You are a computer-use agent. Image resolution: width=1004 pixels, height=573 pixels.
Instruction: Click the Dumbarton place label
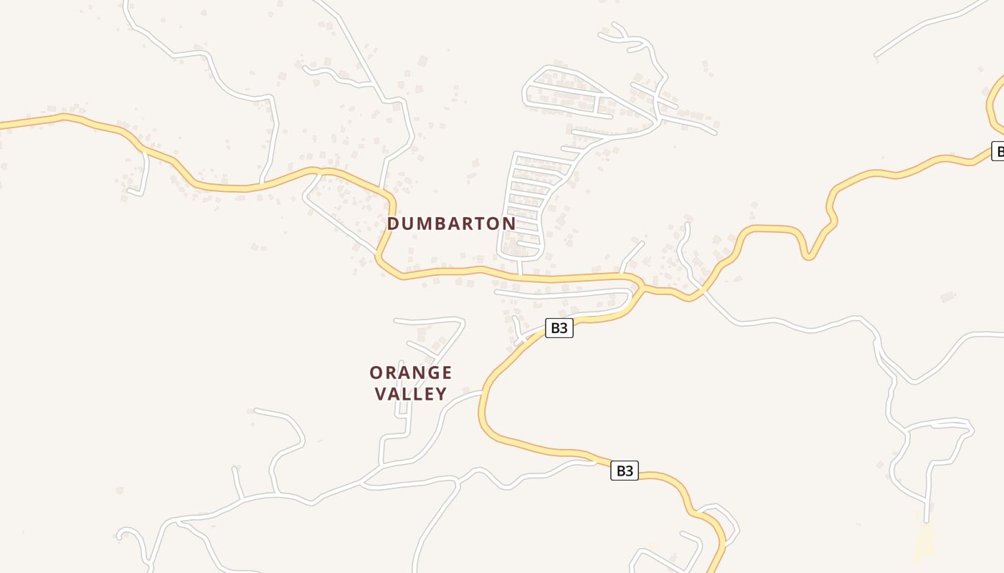[451, 223]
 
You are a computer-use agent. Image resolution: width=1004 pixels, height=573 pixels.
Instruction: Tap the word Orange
[410, 372]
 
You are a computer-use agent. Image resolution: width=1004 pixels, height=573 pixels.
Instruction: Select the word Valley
[411, 393]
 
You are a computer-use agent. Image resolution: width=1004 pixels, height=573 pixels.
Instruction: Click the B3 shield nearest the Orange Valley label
[559, 328]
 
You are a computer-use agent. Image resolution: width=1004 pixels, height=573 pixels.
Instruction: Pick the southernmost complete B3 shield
[624, 471]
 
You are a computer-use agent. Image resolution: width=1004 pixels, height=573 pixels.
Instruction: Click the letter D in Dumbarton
[394, 223]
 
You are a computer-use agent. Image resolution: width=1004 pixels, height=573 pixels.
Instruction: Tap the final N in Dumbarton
[509, 223]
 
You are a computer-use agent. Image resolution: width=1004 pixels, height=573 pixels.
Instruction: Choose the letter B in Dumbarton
[440, 223]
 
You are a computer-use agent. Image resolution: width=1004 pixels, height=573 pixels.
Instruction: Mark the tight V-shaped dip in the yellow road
[808, 255]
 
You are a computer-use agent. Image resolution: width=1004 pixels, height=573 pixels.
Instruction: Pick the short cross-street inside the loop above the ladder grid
[597, 105]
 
